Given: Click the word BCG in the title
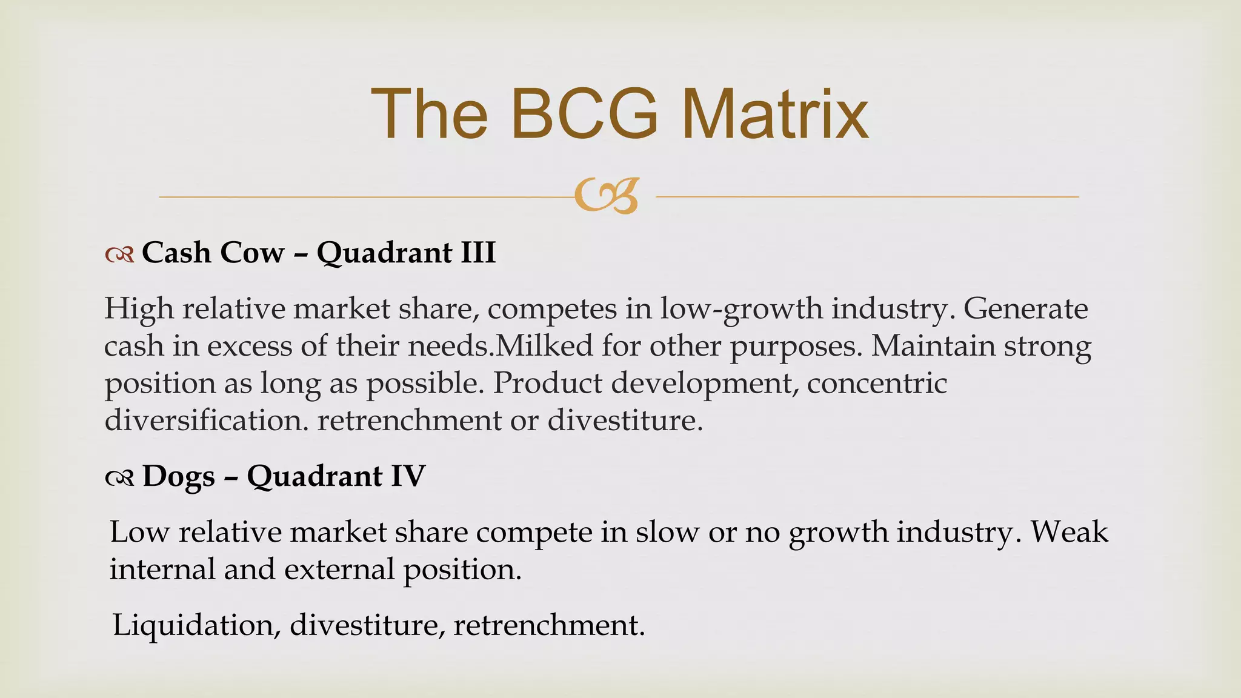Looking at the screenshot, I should (584, 114).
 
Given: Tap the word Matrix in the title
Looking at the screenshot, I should (775, 114).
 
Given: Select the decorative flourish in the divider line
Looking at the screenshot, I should (607, 196).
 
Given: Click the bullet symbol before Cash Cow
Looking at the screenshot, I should (119, 255).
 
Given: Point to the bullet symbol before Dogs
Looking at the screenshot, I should (119, 479).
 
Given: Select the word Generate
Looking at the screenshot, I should (1025, 308).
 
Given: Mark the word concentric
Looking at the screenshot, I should (877, 383).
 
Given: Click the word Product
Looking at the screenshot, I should (547, 383).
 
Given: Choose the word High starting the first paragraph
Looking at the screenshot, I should (139, 308).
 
